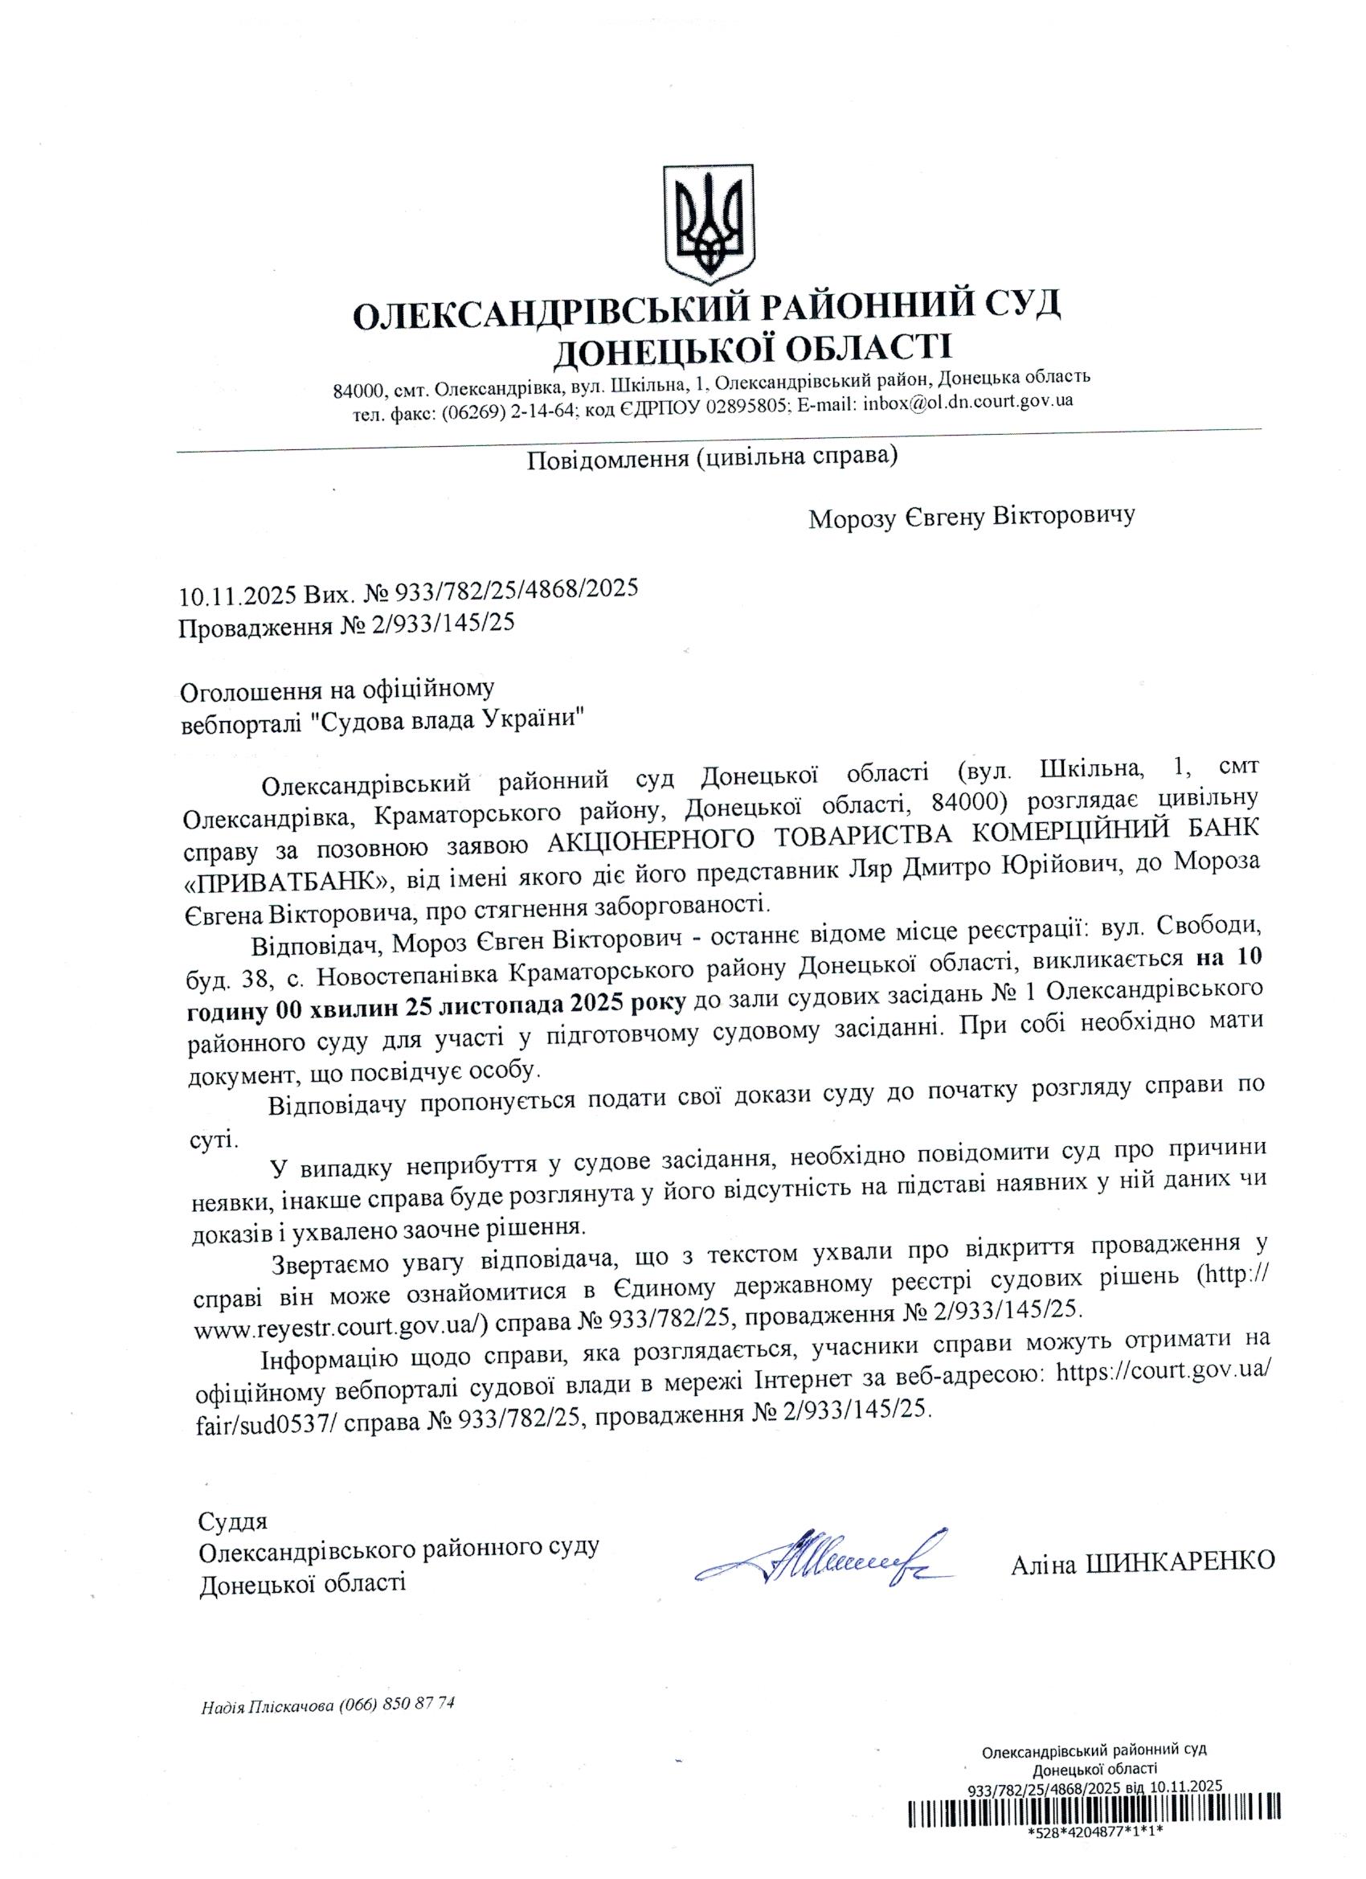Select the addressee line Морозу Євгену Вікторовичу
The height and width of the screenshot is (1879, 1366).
pyautogui.click(x=971, y=518)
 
